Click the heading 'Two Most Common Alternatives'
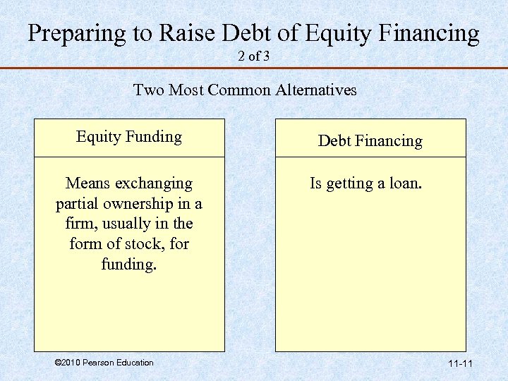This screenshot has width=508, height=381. coord(245,90)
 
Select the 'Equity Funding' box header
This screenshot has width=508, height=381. coord(129,137)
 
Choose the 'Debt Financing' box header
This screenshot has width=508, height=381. coord(370,140)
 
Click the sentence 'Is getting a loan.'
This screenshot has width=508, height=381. coord(365,184)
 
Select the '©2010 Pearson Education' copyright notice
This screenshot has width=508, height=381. coord(104,363)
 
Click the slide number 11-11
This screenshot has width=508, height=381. coord(460,363)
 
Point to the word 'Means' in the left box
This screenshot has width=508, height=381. coord(87,184)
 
